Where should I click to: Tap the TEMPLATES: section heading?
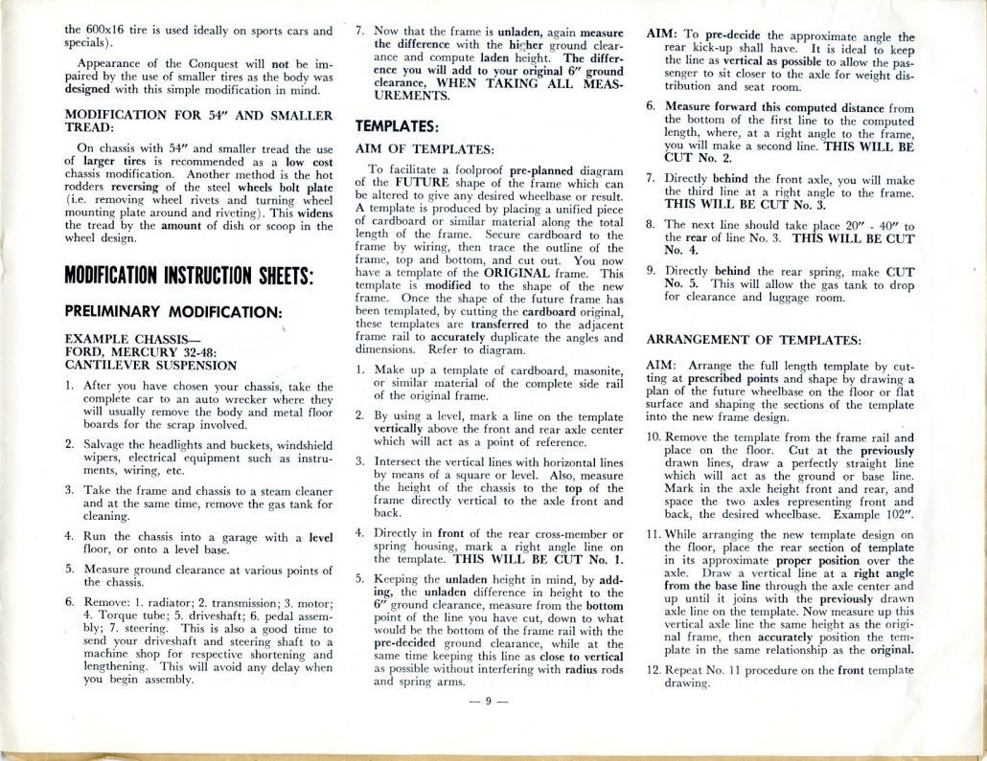point(397,125)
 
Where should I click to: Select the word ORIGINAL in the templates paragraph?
point(528,272)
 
